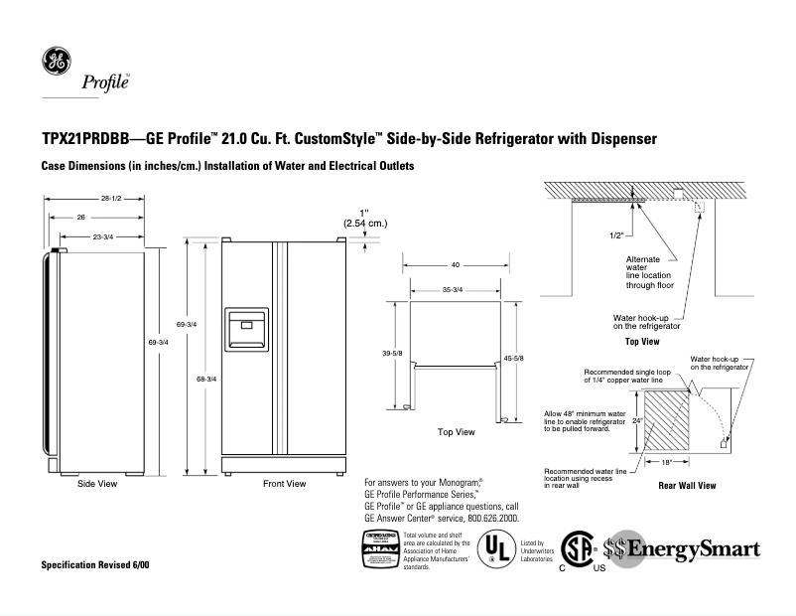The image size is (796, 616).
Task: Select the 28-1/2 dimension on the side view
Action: point(109,199)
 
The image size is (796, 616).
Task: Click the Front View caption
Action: point(284,484)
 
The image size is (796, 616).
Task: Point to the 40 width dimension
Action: point(455,265)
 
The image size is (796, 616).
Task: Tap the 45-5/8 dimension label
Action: point(514,359)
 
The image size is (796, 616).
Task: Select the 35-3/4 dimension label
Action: point(453,289)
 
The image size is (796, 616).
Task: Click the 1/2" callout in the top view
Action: point(589,235)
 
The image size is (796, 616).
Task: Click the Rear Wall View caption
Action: point(687,486)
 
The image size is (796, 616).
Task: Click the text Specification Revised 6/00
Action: point(95,565)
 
